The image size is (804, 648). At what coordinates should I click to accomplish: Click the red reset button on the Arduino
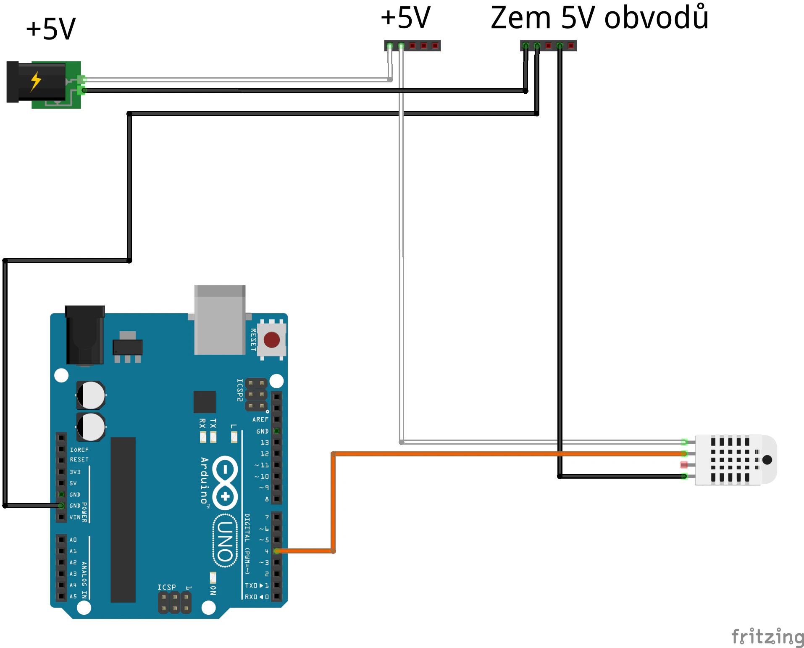point(271,340)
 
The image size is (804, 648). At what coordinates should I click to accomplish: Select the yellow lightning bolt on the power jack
point(36,81)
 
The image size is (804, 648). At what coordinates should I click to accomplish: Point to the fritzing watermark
point(767,637)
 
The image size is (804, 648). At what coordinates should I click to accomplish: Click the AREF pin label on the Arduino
point(260,419)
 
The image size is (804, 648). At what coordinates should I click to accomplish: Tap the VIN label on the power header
point(75,517)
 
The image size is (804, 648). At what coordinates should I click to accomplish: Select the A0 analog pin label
point(73,540)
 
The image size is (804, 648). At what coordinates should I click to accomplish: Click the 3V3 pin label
point(75,472)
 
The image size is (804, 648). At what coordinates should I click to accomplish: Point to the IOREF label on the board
point(79,450)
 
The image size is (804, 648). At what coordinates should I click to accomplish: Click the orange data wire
point(462,454)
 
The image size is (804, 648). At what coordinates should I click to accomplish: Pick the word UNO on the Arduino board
point(226,541)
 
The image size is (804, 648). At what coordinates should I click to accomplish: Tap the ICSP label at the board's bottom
point(167,587)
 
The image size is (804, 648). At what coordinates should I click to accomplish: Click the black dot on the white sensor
point(767,459)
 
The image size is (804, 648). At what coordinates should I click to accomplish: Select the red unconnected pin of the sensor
point(684,465)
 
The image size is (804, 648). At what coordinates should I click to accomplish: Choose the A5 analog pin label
point(73,596)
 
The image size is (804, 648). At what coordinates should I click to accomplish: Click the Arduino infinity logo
point(225,483)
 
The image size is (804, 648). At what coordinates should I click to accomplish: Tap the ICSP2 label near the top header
point(239,390)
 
